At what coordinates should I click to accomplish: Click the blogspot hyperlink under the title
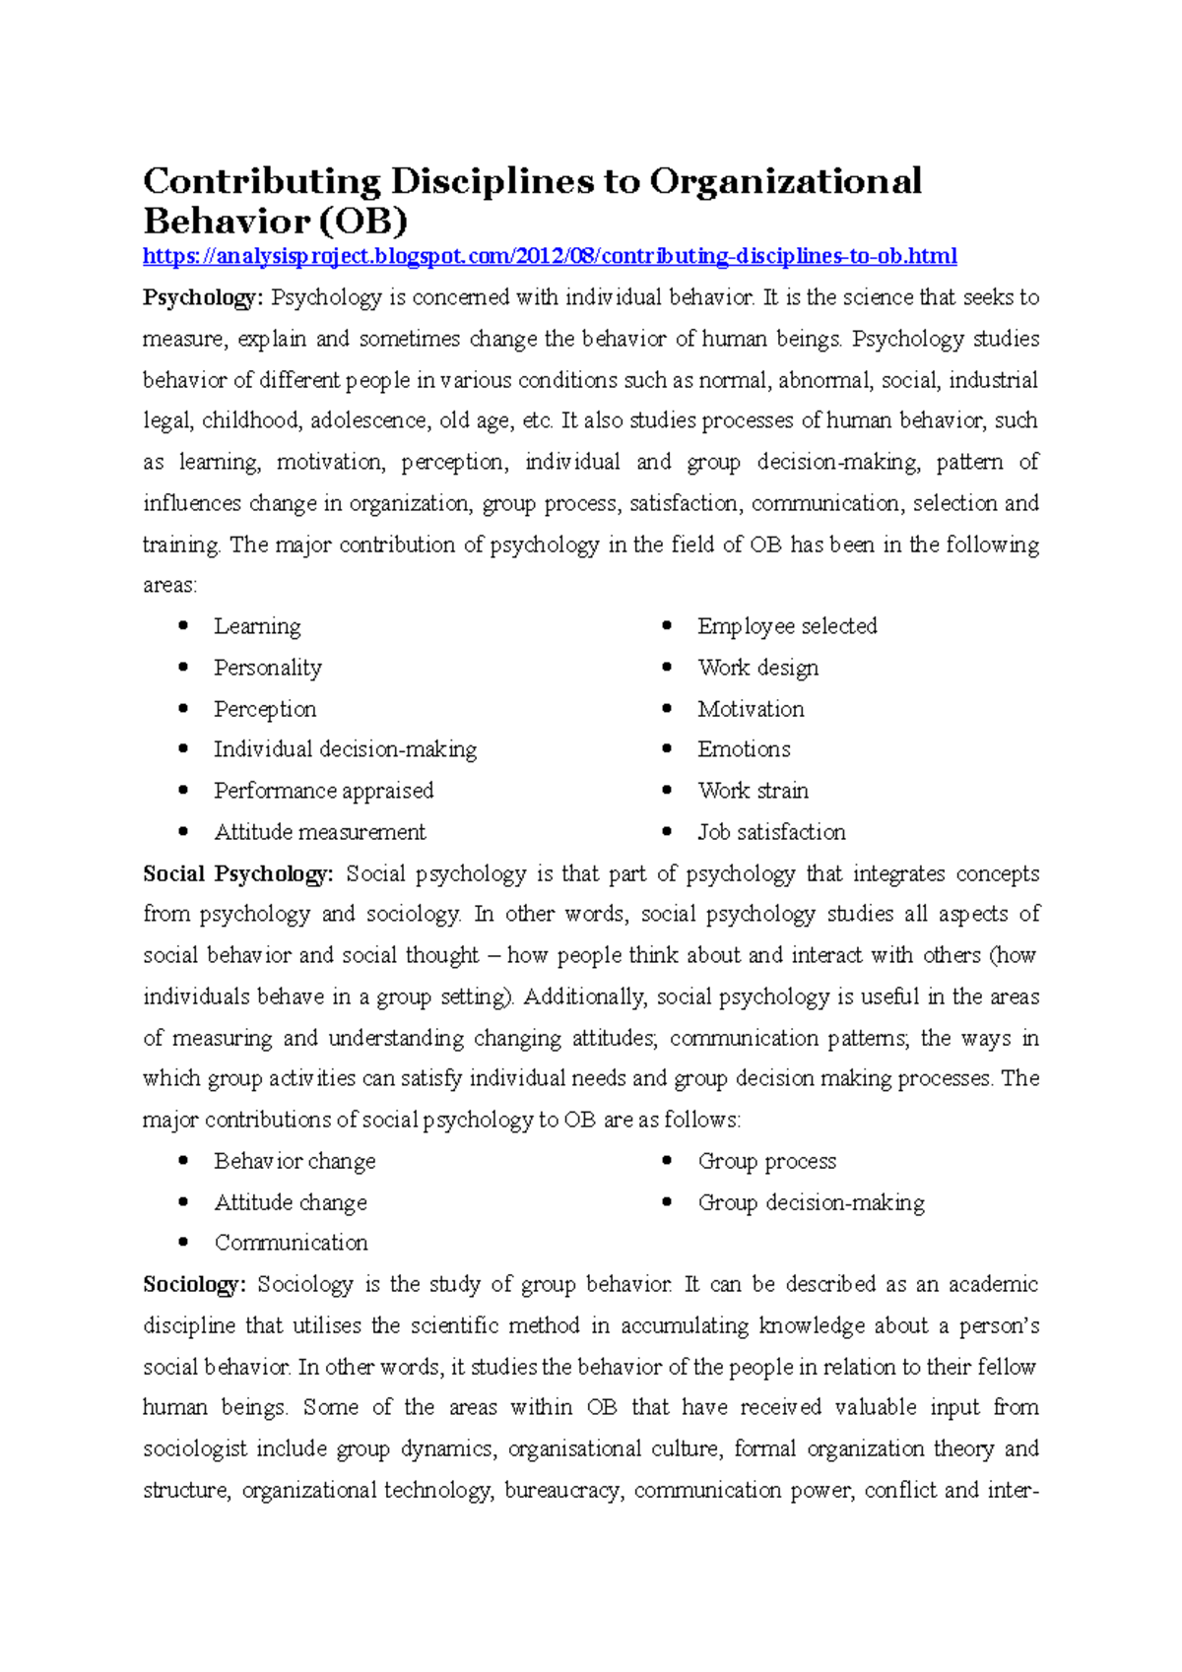pyautogui.click(x=550, y=257)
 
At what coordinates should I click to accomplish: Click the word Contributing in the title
pyautogui.click(x=262, y=182)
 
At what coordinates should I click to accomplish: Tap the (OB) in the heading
pyautogui.click(x=359, y=222)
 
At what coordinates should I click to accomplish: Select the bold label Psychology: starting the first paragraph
pyautogui.click(x=203, y=297)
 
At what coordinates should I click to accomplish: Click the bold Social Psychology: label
pyautogui.click(x=238, y=873)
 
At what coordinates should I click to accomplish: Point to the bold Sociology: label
pyautogui.click(x=194, y=1284)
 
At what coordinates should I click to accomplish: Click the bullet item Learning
pyautogui.click(x=257, y=626)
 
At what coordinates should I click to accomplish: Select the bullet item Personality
pyautogui.click(x=268, y=668)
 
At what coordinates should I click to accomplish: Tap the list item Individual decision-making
pyautogui.click(x=345, y=749)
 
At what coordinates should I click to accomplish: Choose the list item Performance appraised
pyautogui.click(x=323, y=791)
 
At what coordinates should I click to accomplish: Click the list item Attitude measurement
pyautogui.click(x=320, y=832)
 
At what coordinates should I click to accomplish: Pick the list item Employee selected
pyautogui.click(x=787, y=626)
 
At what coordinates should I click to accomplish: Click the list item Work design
pyautogui.click(x=757, y=668)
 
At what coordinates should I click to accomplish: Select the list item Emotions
pyautogui.click(x=744, y=749)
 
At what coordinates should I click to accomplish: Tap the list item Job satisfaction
pyautogui.click(x=771, y=832)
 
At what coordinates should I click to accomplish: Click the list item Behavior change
pyautogui.click(x=295, y=1161)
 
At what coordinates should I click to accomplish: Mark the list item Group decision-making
pyautogui.click(x=811, y=1202)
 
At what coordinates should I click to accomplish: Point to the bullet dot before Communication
pyautogui.click(x=183, y=1243)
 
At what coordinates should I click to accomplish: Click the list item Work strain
pyautogui.click(x=753, y=791)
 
